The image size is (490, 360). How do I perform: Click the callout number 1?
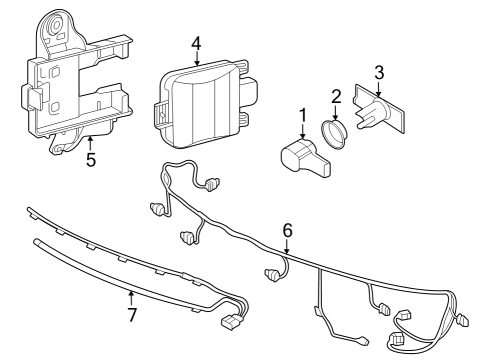(x=303, y=115)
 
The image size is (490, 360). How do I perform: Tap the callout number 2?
(x=336, y=96)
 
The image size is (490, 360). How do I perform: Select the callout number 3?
(x=379, y=73)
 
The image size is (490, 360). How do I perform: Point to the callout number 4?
(x=197, y=44)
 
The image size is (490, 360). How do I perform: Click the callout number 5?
(x=91, y=159)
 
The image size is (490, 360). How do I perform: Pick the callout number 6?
(x=287, y=231)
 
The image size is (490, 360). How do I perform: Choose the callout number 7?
(x=132, y=315)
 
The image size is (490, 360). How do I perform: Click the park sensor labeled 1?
(x=305, y=157)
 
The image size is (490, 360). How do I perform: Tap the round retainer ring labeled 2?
(x=334, y=134)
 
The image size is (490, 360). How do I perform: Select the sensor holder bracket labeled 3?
(x=379, y=109)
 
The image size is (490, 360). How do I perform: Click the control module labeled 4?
(x=205, y=103)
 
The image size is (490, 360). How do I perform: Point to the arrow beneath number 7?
(x=131, y=299)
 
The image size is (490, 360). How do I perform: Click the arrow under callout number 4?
(x=197, y=58)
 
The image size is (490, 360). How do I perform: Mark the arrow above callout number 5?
(x=89, y=144)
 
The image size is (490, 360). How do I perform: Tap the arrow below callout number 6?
(x=287, y=246)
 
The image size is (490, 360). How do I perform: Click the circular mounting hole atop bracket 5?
(x=55, y=25)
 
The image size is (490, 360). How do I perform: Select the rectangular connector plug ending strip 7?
(x=231, y=322)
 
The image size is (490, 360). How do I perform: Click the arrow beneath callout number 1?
(x=303, y=131)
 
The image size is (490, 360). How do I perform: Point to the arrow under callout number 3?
(x=378, y=89)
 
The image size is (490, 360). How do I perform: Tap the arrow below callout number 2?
(x=336, y=112)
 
